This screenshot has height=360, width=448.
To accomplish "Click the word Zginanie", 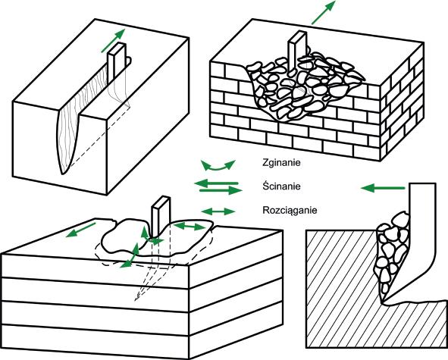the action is (281, 163).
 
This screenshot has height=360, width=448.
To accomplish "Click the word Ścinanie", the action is (281, 186).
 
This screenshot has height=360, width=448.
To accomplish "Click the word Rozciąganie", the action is (290, 211).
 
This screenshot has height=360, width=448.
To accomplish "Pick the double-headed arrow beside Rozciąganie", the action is (218, 211).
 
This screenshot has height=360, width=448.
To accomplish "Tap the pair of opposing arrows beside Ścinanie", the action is (218, 186).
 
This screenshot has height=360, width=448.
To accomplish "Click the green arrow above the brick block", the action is (323, 12).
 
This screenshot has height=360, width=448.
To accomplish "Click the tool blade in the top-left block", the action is (117, 61).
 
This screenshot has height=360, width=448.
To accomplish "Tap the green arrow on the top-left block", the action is (113, 41).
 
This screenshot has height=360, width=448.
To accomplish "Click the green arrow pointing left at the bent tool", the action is (383, 188).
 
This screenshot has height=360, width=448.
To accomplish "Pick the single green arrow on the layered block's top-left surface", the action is (80, 230).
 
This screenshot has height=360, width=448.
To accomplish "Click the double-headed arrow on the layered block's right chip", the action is (190, 227).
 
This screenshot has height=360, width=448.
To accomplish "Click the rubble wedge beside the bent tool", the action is (391, 257).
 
